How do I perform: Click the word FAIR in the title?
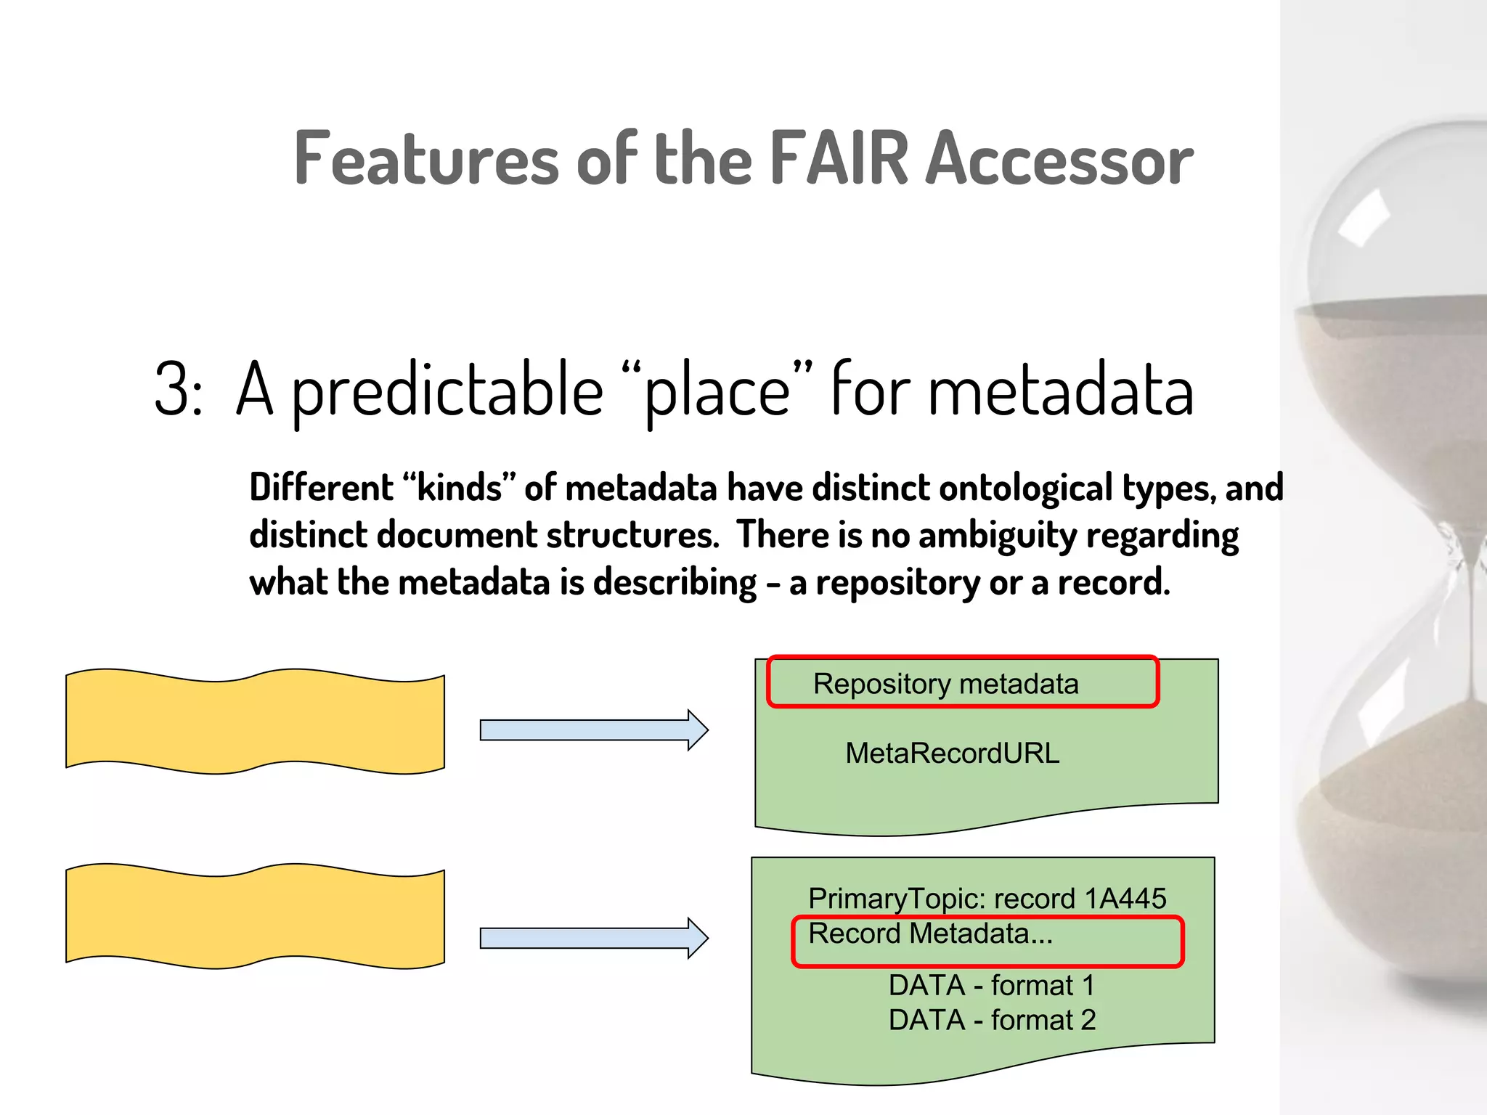839,158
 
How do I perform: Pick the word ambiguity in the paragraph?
997,536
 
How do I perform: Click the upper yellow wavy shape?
255,721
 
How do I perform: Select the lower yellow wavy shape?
255,916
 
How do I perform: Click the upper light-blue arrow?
592,730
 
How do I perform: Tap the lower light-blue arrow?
592,938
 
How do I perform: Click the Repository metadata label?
945,684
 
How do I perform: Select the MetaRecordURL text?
952,753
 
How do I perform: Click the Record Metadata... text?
930,934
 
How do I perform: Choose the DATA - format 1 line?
991,986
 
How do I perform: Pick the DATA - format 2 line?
991,1021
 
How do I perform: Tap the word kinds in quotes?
459,488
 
